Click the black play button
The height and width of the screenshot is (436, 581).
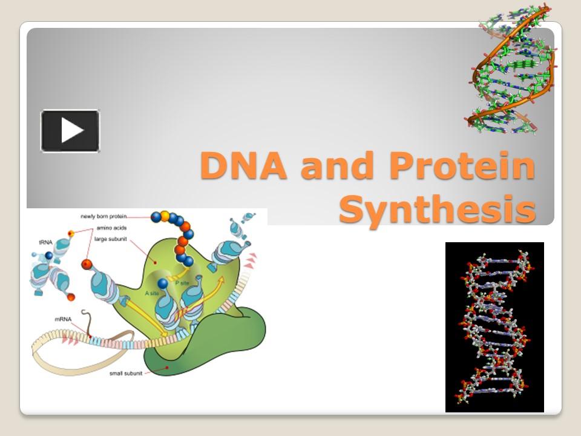coord(70,131)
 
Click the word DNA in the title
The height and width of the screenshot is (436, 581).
coord(245,166)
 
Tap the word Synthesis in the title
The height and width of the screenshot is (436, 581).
coord(437,210)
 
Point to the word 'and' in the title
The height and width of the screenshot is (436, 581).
coord(335,166)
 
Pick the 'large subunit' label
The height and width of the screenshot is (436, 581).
coord(110,239)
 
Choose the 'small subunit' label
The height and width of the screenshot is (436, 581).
coord(125,373)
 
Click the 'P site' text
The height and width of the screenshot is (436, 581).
coord(181,282)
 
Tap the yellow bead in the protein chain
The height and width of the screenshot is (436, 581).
coord(164,215)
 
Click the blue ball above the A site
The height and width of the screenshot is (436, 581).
coord(163,283)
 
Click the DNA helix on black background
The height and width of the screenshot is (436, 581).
coord(494,327)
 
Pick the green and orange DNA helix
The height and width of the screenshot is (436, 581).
coord(512,70)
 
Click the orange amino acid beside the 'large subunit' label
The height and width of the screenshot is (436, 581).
coord(87,264)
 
